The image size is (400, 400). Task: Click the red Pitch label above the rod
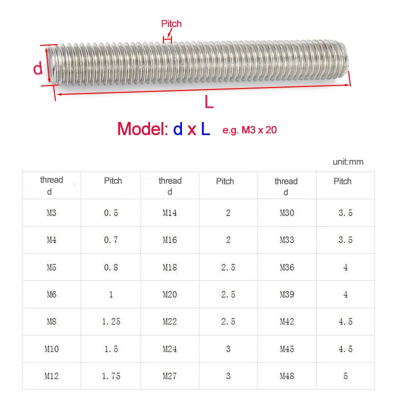point(171,23)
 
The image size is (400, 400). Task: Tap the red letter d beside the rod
point(38,68)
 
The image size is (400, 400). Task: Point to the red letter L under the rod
point(209,102)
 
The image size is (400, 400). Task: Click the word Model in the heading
point(142,129)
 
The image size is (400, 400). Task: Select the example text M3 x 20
point(259,130)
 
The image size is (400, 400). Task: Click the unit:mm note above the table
point(348,161)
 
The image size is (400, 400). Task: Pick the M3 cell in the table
point(51,212)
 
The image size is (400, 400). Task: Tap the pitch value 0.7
point(111,240)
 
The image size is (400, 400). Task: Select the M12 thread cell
point(51,376)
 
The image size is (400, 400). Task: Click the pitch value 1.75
point(111,376)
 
